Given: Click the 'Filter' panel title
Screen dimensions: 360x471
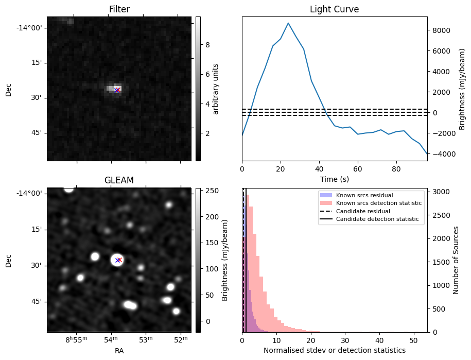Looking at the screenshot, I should point(119,10).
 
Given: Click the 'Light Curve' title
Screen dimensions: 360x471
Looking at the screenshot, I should point(334,10).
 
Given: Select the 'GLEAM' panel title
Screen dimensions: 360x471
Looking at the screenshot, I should point(119,180).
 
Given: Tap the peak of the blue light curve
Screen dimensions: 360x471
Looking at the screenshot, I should point(288,23).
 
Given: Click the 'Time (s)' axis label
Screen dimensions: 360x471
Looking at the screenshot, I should point(334,179).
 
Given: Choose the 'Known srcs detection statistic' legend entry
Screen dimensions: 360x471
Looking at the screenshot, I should point(378,203).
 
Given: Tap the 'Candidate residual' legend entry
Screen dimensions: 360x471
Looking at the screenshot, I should point(363,212).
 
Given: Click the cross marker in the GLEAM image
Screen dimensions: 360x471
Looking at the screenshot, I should point(118,260).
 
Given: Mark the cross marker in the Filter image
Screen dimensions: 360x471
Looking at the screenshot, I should point(117,90).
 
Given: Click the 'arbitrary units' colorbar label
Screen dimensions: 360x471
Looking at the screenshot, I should point(216,89).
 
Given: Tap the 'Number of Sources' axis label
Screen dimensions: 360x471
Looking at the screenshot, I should point(456,260).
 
